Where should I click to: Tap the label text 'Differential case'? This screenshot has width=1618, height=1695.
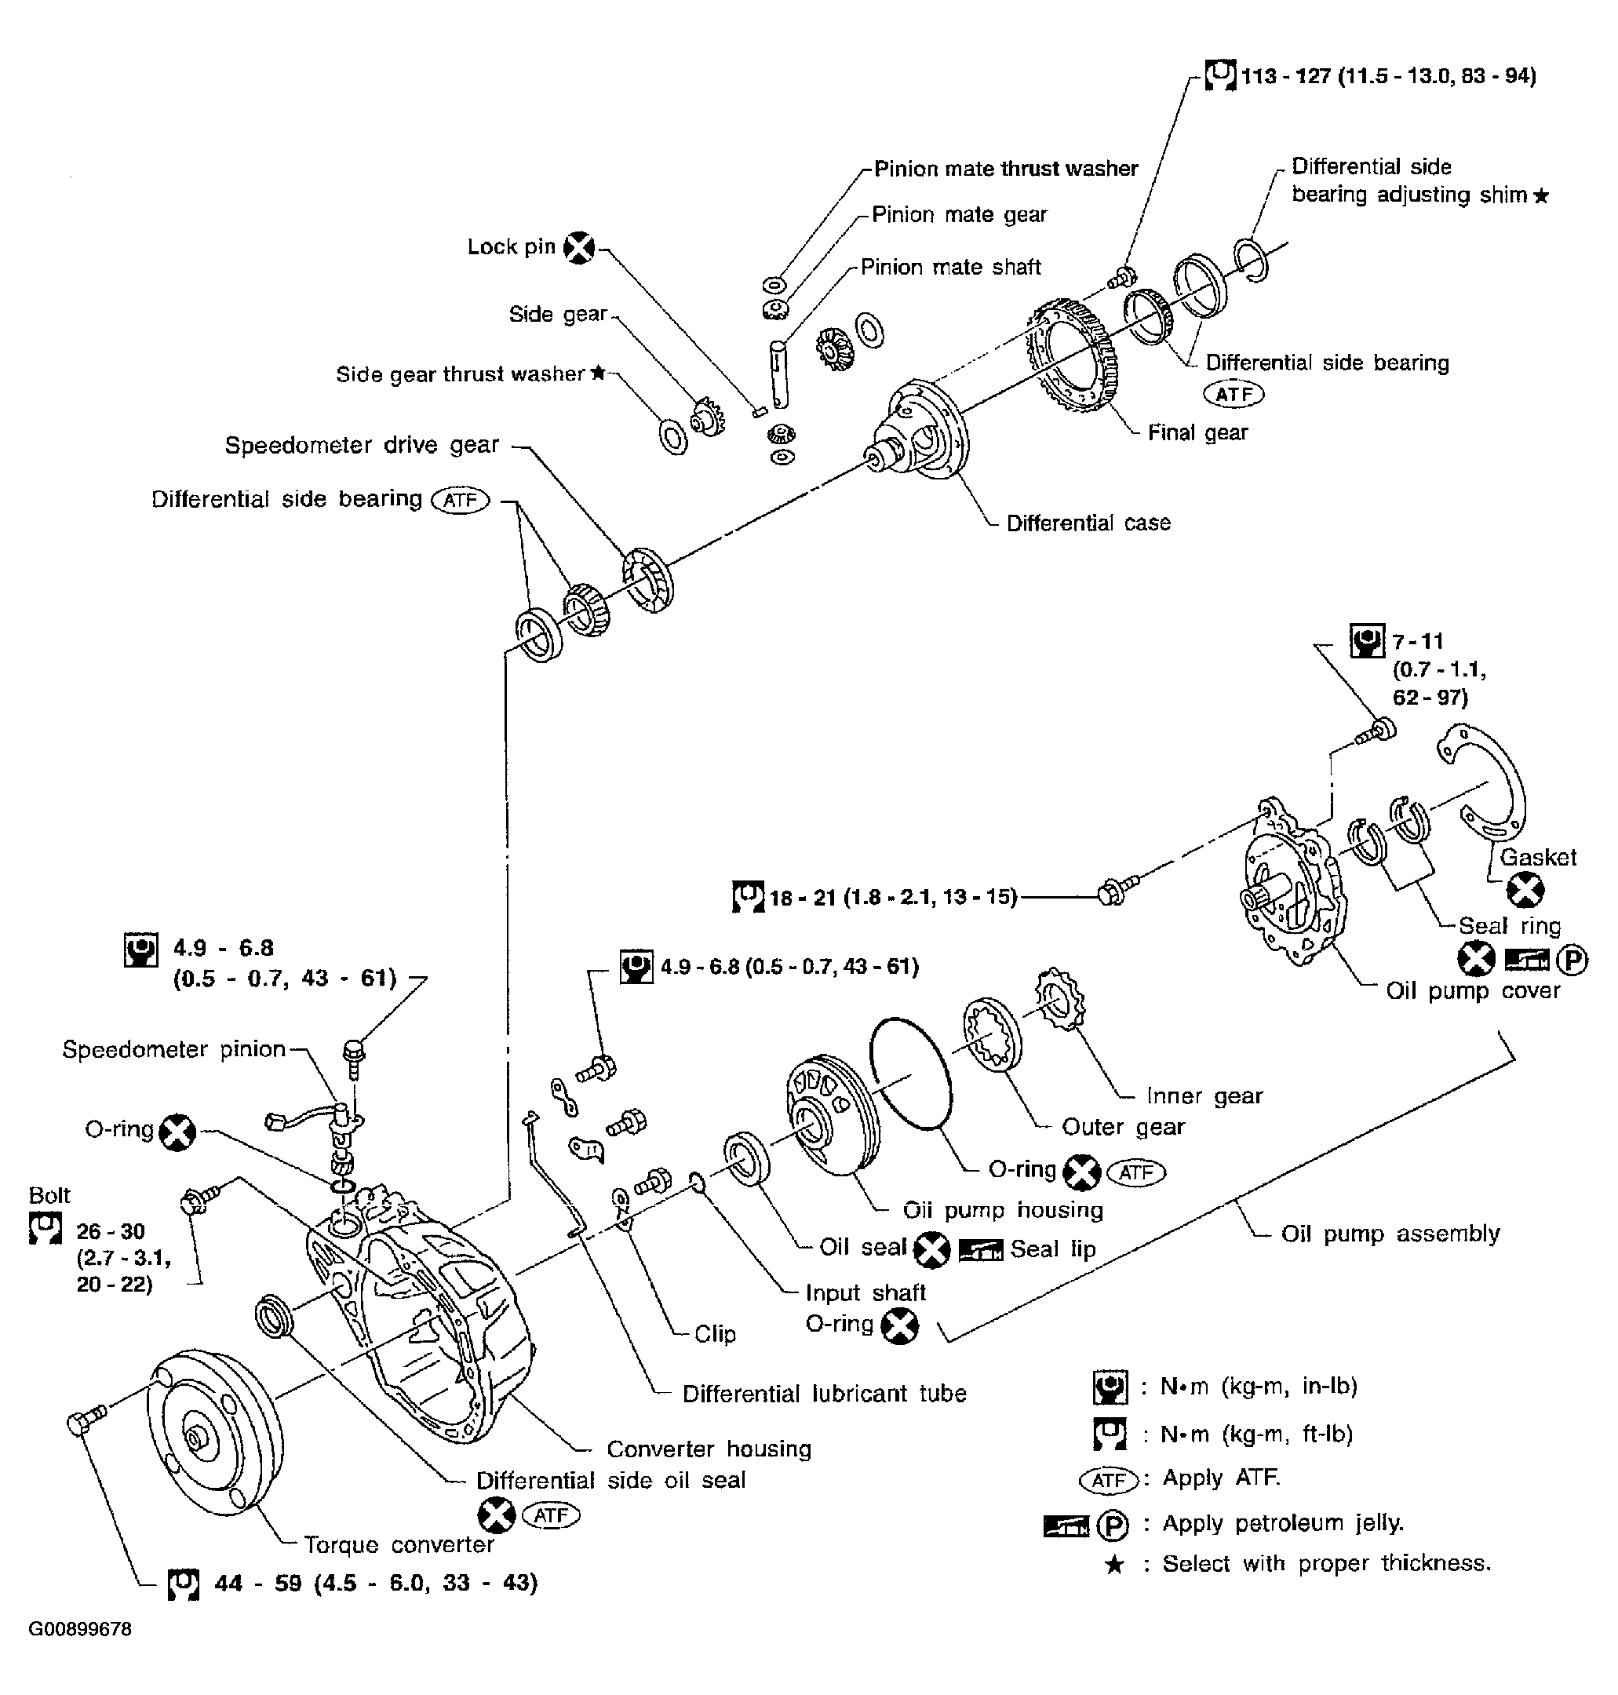(1088, 523)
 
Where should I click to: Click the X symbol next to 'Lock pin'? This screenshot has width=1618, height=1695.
(579, 249)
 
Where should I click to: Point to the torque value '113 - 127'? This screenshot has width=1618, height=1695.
(1285, 77)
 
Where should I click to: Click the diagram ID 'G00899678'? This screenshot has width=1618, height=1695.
(80, 1629)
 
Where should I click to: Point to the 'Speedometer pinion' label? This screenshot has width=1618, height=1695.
(173, 1050)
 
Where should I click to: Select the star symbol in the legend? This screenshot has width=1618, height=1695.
(1114, 1565)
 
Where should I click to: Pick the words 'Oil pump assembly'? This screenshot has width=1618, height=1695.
(1390, 1234)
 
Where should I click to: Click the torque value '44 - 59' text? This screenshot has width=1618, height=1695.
(257, 1584)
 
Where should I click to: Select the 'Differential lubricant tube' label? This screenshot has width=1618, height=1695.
(824, 1394)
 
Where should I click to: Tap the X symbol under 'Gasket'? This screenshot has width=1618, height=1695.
(1525, 890)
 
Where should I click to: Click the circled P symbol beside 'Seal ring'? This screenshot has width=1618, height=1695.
(1572, 960)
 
